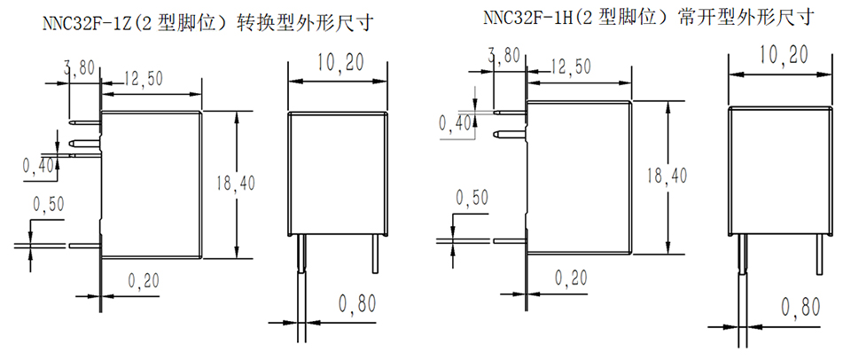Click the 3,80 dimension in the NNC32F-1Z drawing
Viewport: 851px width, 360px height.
79,67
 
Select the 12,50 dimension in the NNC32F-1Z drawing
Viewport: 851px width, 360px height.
142,78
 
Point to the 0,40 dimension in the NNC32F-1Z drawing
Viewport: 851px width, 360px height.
38,164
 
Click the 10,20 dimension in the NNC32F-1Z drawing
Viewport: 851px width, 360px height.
340,62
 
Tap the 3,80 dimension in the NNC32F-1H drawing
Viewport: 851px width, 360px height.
504,55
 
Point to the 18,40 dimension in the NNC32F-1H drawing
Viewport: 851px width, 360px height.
668,176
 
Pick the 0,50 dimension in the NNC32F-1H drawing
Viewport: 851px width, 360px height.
471,198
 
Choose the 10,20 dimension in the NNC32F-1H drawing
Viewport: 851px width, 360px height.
783,55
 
